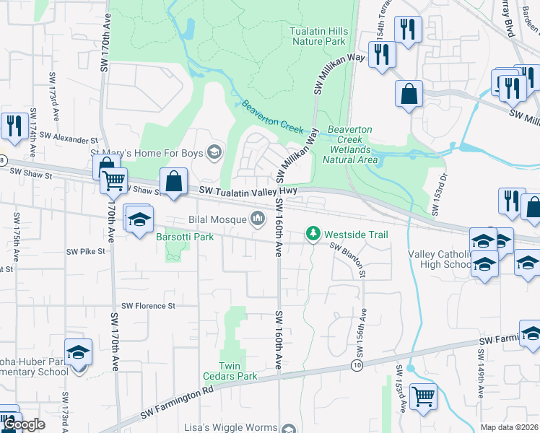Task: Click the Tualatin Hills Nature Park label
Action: tap(318, 37)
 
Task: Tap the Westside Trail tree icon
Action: tap(313, 234)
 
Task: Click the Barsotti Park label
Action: tap(185, 237)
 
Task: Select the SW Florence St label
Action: tap(148, 306)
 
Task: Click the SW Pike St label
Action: tap(86, 252)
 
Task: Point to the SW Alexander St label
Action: tap(68, 136)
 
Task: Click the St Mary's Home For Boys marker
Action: tap(214, 152)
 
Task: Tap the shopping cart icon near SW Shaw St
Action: tap(113, 180)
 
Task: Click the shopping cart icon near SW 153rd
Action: tap(422, 395)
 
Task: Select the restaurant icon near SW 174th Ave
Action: tap(14, 126)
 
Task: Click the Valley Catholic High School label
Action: tap(440, 259)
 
